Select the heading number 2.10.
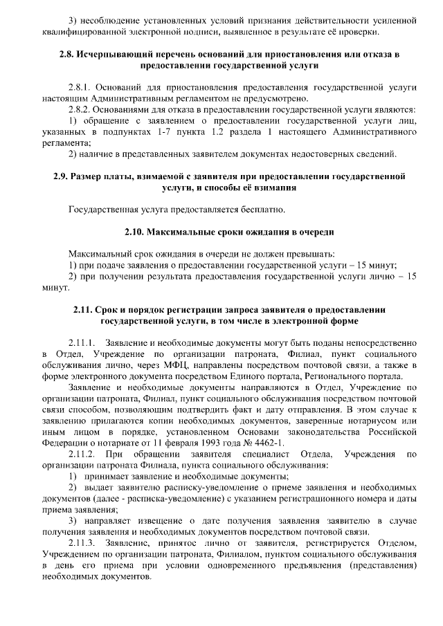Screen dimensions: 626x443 click(136, 232)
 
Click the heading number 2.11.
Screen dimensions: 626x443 click(87, 310)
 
